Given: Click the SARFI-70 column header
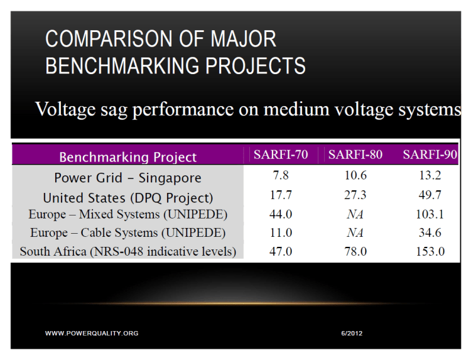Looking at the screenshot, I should pyautogui.click(x=281, y=155).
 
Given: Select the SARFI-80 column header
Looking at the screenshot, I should pyautogui.click(x=355, y=155).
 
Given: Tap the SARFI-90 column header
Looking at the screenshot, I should pyautogui.click(x=430, y=155).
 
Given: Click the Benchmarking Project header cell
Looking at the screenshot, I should pyautogui.click(x=127, y=157).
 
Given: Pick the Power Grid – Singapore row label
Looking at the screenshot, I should pyautogui.click(x=127, y=178).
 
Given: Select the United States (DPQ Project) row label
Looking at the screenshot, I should pyautogui.click(x=127, y=197).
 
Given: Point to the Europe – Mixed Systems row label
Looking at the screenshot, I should pyautogui.click(x=127, y=215).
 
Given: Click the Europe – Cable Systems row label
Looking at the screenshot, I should pyautogui.click(x=127, y=233).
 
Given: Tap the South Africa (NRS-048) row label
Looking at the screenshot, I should pyautogui.click(x=127, y=252).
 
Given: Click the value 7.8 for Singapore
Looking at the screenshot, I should pyautogui.click(x=281, y=177).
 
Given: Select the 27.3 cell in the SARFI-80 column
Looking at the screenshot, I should pyautogui.click(x=355, y=195).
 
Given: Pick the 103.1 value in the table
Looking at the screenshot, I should pyautogui.click(x=430, y=214).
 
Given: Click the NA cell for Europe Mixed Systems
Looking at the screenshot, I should pyautogui.click(x=355, y=215).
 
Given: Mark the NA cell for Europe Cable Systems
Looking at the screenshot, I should pyautogui.click(x=355, y=233).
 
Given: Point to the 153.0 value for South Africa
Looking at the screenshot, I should pyautogui.click(x=430, y=252).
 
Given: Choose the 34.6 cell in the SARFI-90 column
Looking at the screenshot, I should pyautogui.click(x=430, y=233).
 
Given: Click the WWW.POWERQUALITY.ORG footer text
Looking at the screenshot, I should pyautogui.click(x=92, y=333).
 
